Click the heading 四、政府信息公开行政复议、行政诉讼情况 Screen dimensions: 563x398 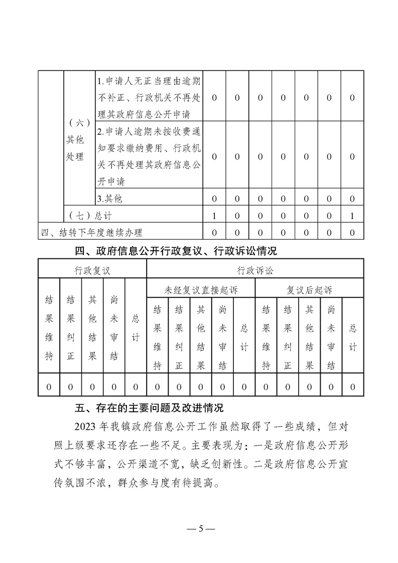tap(176, 251)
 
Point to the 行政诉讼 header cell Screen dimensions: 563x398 tap(255, 271)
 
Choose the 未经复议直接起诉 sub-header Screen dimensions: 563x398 tap(201, 290)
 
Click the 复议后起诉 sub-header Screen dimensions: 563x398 tap(309, 290)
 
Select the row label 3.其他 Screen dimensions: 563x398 tap(110, 198)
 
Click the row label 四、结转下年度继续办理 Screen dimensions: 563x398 tap(92, 232)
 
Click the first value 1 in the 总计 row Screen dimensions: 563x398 tap(214, 216)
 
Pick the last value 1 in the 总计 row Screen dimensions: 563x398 tap(352, 216)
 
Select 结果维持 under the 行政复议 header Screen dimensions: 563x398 tap(49, 328)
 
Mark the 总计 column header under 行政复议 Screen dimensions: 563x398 tap(136, 328)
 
